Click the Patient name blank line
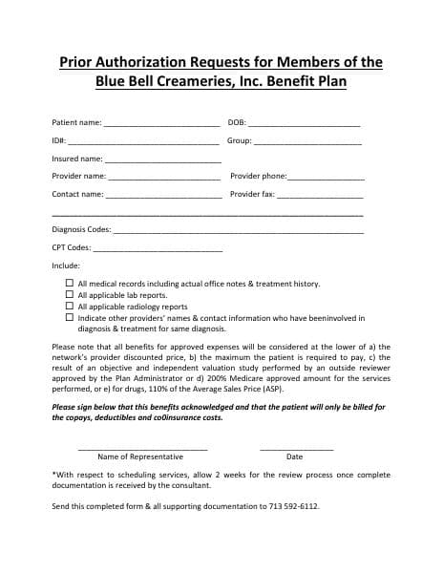tap(161, 125)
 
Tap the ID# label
tap(58, 141)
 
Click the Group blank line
tap(307, 143)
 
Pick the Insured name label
tap(76, 159)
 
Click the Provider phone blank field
tap(326, 179)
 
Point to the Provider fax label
tap(252, 195)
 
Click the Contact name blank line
tap(163, 197)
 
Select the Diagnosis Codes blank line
tap(238, 232)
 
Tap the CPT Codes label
tap(71, 247)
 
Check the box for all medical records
tap(69, 284)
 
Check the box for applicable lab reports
tap(69, 295)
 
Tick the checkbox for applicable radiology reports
tap(69, 307)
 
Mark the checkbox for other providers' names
tap(69, 318)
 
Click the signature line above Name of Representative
tap(141, 447)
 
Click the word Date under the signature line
tap(294, 456)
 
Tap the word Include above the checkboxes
tap(66, 265)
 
